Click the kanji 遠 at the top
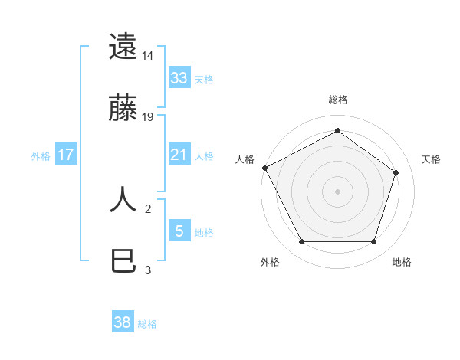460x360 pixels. (x=123, y=47)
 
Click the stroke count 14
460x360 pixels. (x=148, y=55)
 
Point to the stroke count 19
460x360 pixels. (x=148, y=117)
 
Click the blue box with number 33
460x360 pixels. (x=179, y=78)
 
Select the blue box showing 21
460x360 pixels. (x=179, y=155)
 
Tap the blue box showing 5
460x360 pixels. (x=179, y=231)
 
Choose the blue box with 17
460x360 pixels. (x=66, y=155)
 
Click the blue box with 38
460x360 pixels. (x=123, y=322)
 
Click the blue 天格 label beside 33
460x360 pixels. (x=204, y=80)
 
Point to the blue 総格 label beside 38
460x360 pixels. (x=147, y=324)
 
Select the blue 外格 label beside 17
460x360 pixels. (x=41, y=155)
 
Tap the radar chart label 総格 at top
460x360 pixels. (x=337, y=100)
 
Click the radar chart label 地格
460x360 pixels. (x=402, y=262)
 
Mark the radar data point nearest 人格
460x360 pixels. (x=264, y=167)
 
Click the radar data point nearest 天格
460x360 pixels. (x=396, y=172)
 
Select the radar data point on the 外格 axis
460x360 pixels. (x=301, y=242)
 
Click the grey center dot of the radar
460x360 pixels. (x=337, y=191)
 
